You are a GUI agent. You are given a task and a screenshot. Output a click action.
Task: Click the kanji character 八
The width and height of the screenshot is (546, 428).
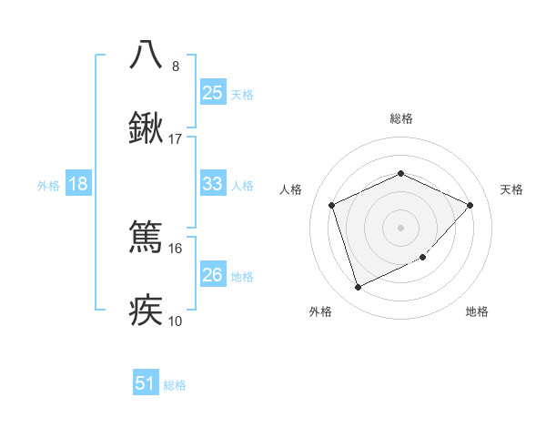click(147, 55)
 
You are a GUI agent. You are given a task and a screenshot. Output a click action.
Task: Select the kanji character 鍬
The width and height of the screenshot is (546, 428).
click(147, 130)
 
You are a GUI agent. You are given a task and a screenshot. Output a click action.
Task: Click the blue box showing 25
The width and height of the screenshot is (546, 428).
click(212, 92)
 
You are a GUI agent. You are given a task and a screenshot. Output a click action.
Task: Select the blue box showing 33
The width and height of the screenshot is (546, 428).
click(212, 184)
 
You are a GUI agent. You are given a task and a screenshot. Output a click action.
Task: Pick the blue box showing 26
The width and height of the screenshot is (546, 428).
click(212, 275)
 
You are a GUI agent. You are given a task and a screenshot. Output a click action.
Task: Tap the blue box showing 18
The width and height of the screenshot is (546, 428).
click(78, 184)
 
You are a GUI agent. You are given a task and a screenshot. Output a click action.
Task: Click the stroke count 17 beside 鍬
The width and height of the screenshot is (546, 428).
click(176, 140)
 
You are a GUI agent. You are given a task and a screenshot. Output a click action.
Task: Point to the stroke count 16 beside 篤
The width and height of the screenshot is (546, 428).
click(176, 248)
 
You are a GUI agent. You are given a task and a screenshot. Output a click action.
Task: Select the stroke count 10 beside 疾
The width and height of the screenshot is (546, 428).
click(176, 321)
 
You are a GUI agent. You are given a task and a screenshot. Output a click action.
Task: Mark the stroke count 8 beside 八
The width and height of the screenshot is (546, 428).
click(176, 66)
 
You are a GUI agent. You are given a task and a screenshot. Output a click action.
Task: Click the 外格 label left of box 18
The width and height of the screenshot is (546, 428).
click(48, 185)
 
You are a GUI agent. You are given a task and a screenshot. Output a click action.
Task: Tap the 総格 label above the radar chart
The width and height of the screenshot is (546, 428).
click(401, 118)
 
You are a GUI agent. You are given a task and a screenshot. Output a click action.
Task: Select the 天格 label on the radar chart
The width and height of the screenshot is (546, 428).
click(511, 189)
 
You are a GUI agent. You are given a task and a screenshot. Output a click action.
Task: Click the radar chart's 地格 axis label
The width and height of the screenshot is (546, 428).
click(477, 312)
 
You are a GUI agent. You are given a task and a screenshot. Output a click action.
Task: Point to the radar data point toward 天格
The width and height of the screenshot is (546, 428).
click(470, 205)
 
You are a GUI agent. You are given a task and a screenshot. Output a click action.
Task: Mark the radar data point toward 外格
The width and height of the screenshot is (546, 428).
click(358, 288)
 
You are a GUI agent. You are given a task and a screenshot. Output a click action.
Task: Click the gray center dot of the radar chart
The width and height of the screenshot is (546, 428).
click(400, 227)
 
